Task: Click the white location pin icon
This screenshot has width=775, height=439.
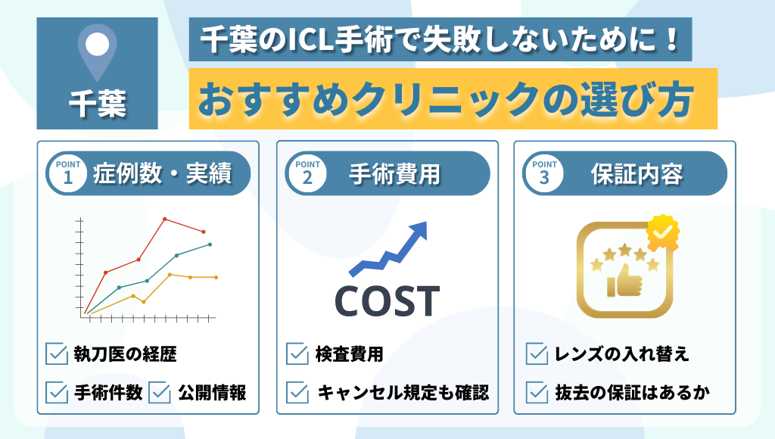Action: [x=97, y=51]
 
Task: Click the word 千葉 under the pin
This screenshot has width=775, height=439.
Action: [x=97, y=104]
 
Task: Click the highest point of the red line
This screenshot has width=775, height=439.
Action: [x=165, y=219]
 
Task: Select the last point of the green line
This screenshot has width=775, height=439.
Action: [x=210, y=244]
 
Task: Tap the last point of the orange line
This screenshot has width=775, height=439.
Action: [x=216, y=278]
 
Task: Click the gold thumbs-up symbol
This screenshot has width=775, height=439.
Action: [x=625, y=279]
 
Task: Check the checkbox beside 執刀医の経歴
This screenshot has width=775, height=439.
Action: [x=57, y=353]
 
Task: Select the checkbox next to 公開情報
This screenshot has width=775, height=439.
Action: [x=160, y=392]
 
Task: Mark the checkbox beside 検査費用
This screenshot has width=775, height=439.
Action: [x=297, y=353]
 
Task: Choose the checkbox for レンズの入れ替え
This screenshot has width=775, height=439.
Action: [x=537, y=353]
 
